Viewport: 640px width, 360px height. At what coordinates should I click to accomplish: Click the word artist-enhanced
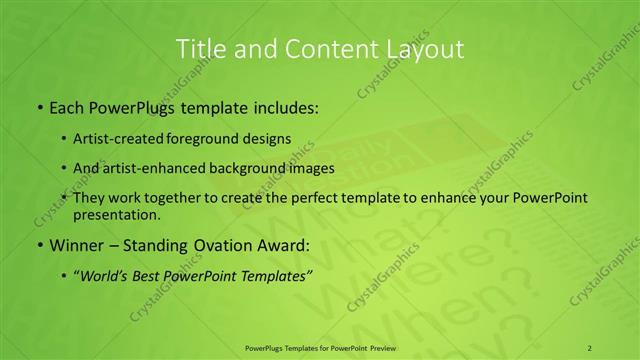tap(164, 168)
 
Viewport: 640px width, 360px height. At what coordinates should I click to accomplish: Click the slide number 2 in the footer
tap(590, 347)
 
